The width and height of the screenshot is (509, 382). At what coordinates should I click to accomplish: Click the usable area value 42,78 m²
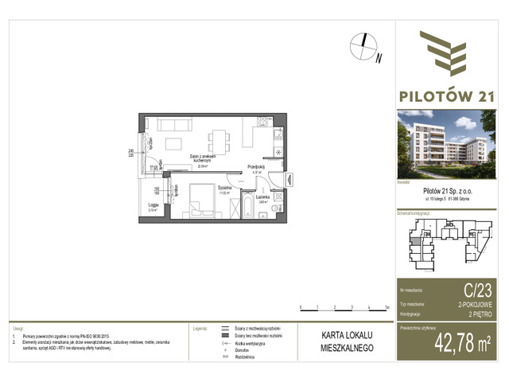[464, 344]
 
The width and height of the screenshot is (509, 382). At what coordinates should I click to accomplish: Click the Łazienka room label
[264, 197]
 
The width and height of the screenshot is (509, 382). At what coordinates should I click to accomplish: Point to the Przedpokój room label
[255, 167]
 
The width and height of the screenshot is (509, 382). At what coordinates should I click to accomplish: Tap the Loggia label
[155, 205]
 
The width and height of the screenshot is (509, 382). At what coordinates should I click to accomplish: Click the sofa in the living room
[169, 126]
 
